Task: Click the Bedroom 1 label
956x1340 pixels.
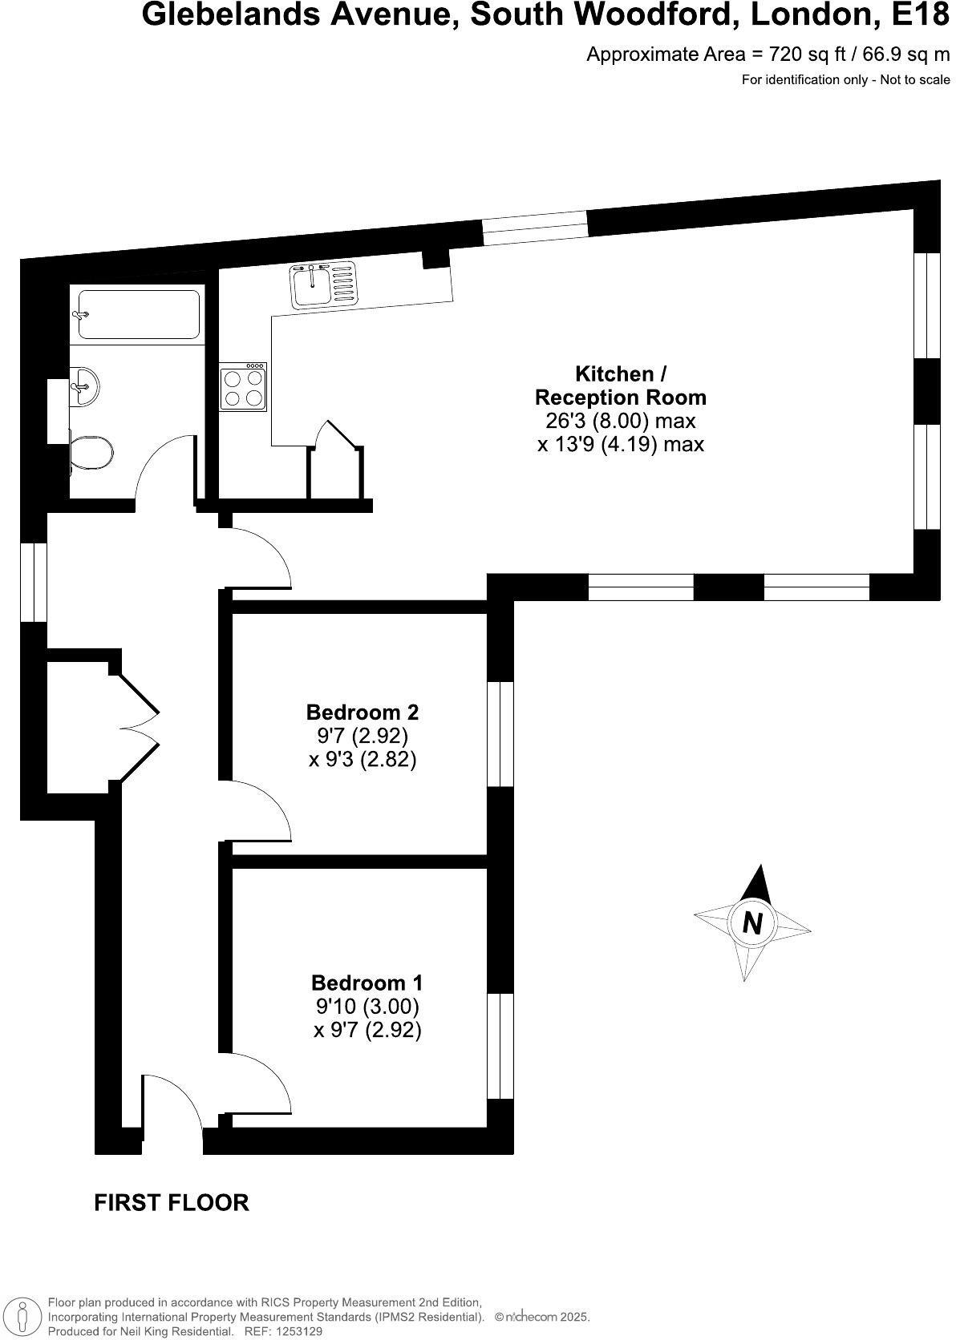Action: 367,983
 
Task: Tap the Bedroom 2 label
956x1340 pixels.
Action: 363,712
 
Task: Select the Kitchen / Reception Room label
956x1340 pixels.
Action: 620,385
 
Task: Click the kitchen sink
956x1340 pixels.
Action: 322,285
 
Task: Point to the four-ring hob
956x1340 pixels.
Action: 243,386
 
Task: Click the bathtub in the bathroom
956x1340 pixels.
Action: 137,315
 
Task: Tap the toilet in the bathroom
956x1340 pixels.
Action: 91,453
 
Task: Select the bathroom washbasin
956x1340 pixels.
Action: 85,386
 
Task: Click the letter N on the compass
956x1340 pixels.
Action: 752,923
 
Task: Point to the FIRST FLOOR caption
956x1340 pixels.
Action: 172,1202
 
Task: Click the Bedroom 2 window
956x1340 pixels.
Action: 500,733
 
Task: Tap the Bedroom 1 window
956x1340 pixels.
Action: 500,1046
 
